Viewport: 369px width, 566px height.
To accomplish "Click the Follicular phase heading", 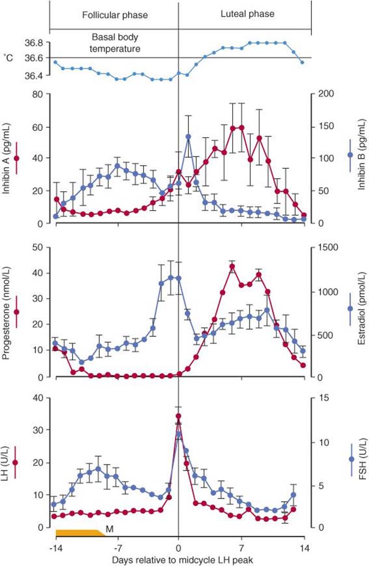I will coord(114,15).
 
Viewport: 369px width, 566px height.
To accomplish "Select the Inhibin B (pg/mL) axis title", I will coord(361,158).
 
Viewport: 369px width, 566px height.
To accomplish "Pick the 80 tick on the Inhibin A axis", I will coord(37,94).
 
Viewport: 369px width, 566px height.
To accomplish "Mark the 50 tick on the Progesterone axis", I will coord(37,248).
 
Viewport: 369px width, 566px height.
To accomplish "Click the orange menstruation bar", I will coord(78,533).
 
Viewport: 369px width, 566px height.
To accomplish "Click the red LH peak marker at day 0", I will coord(179,416).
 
